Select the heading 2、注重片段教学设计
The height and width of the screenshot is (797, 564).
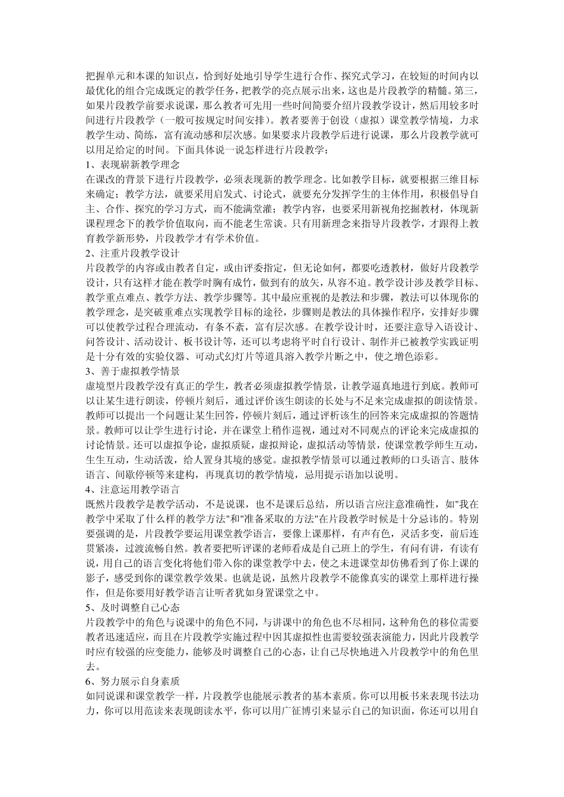tap(132, 253)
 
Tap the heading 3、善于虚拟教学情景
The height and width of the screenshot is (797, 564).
tap(132, 372)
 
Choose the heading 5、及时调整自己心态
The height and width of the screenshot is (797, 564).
tap(132, 608)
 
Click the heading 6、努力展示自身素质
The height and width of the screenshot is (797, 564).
tap(132, 681)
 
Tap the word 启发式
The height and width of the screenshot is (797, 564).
tap(234, 193)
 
